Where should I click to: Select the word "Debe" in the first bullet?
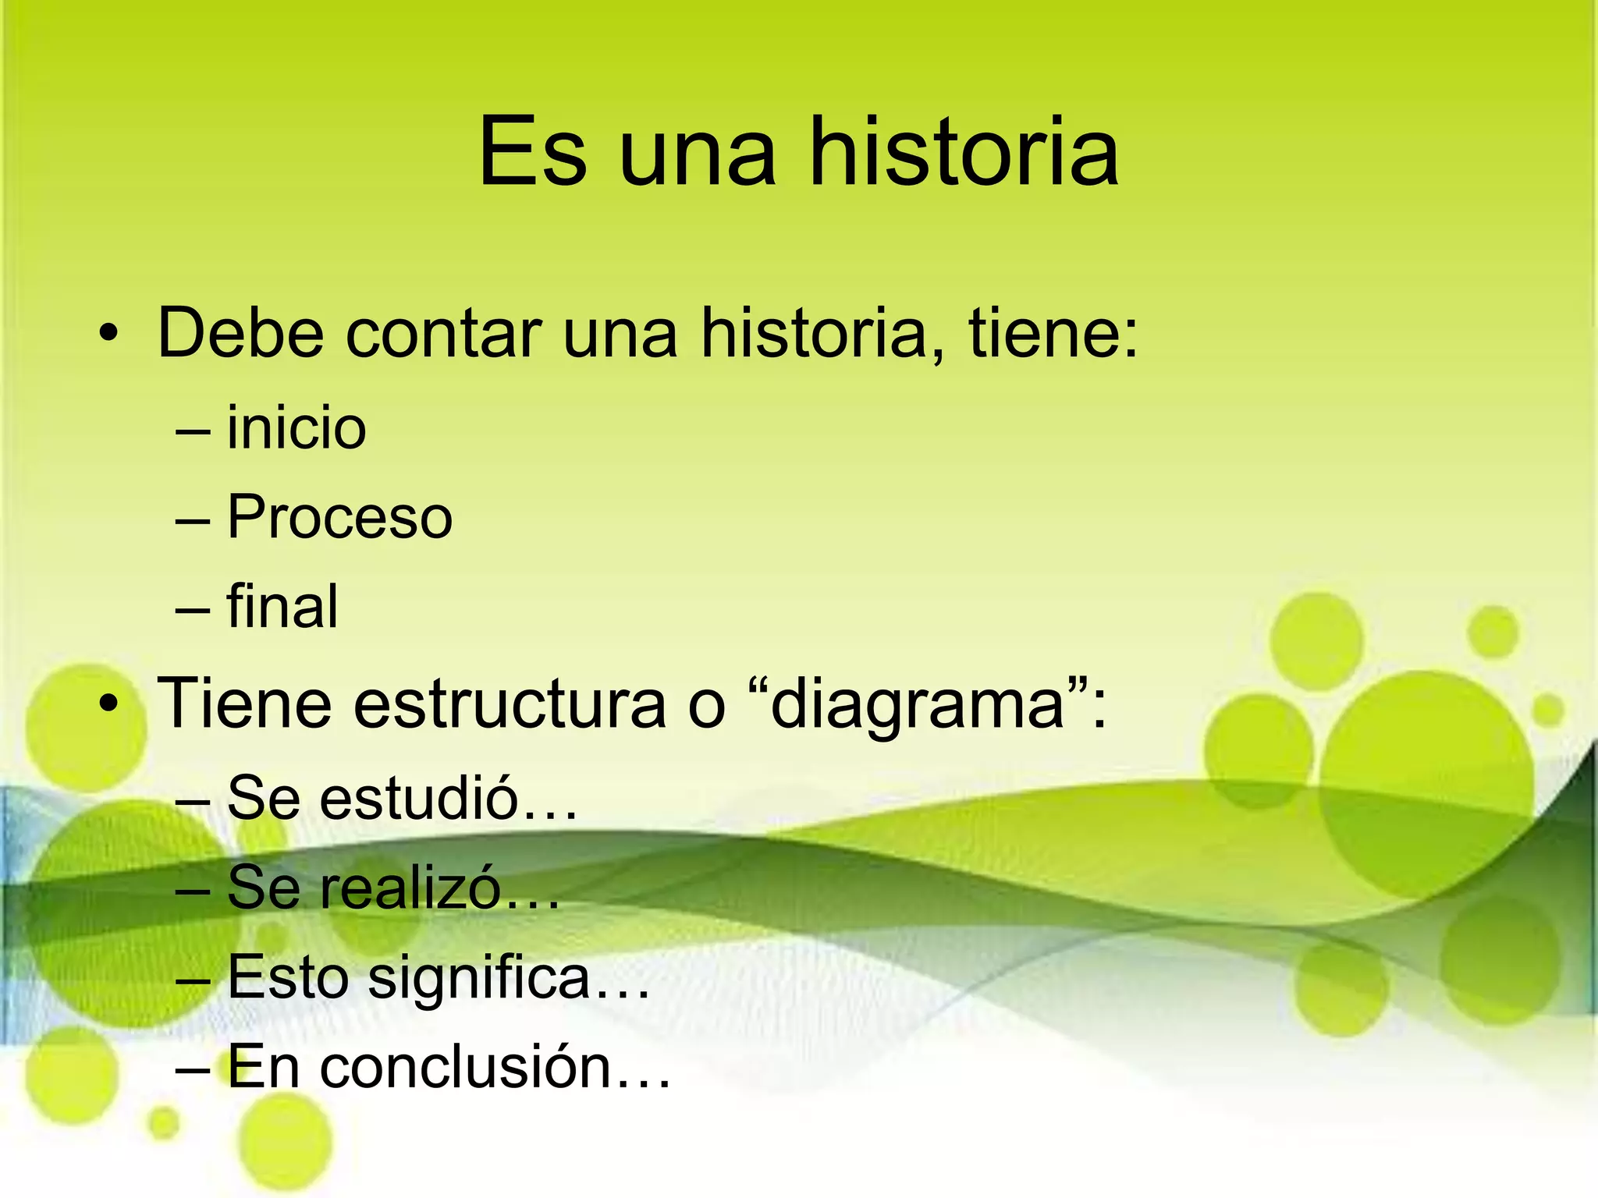(x=240, y=333)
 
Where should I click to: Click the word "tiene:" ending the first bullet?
(x=1053, y=333)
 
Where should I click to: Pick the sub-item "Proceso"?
(x=339, y=517)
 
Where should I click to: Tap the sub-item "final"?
(x=282, y=606)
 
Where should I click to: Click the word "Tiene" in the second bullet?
(x=244, y=704)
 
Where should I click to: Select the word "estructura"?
(x=510, y=704)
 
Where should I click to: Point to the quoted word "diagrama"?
(x=918, y=704)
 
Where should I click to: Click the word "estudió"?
(x=419, y=798)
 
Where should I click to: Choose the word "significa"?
(x=478, y=978)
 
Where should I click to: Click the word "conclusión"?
(x=465, y=1067)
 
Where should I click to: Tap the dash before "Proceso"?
(x=193, y=519)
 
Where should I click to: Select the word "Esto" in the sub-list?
(x=288, y=976)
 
